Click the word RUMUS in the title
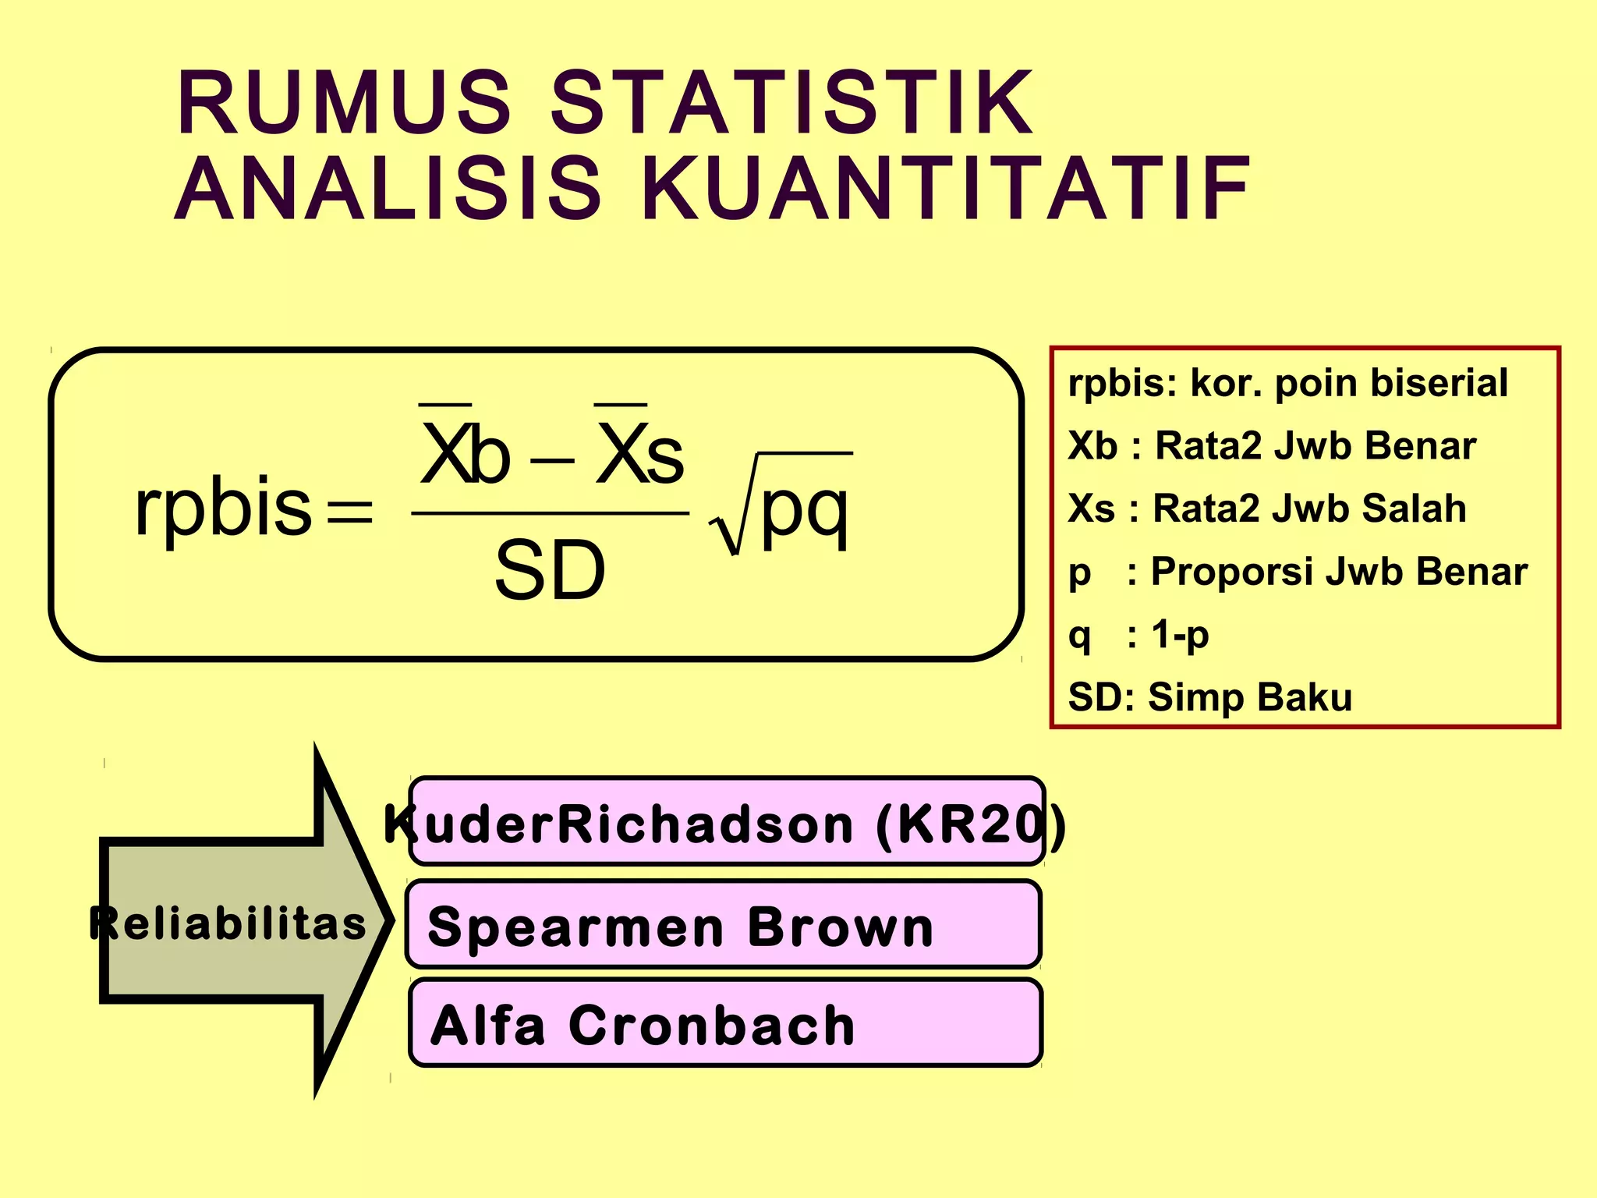pyautogui.click(x=343, y=104)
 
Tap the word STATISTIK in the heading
pyautogui.click(x=791, y=104)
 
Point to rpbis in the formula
pyautogui.click(x=224, y=509)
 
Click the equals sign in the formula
pyautogui.click(x=350, y=512)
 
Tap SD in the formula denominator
pyautogui.click(x=551, y=571)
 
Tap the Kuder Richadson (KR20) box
pyautogui.click(x=725, y=823)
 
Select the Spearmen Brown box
pyautogui.click(x=723, y=926)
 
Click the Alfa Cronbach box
pyautogui.click(x=725, y=1024)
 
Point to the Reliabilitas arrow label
pyautogui.click(x=228, y=923)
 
